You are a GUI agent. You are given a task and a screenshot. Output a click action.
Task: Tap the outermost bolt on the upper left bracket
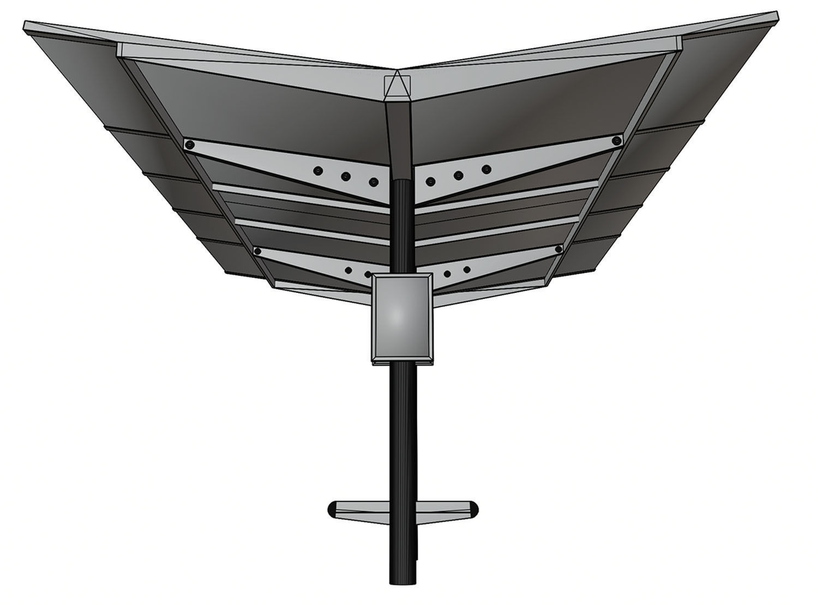190,145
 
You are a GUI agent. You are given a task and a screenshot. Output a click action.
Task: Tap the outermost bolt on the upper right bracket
617,140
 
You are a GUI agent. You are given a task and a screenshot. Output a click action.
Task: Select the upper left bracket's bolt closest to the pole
374,181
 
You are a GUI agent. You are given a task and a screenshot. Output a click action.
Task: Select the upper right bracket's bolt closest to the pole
431,181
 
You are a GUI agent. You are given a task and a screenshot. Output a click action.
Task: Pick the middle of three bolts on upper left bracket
345,176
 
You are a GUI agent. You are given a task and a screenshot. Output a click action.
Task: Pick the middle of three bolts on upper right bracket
459,175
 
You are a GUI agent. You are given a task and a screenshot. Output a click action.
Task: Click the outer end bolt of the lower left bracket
258,251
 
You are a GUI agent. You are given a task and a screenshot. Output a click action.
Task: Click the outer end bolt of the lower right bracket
558,250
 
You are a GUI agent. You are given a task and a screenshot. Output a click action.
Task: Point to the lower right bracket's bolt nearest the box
447,274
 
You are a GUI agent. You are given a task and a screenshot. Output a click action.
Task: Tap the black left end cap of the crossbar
332,509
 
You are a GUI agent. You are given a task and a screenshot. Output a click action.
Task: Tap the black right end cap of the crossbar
474,509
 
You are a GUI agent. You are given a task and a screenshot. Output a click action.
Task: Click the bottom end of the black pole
402,580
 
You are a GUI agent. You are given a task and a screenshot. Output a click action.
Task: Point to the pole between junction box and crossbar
402,425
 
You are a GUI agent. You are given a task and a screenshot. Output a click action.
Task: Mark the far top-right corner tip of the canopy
776,12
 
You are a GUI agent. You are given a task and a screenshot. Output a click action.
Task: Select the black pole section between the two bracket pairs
402,229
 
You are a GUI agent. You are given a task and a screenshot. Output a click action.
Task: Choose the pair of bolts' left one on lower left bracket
347,270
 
